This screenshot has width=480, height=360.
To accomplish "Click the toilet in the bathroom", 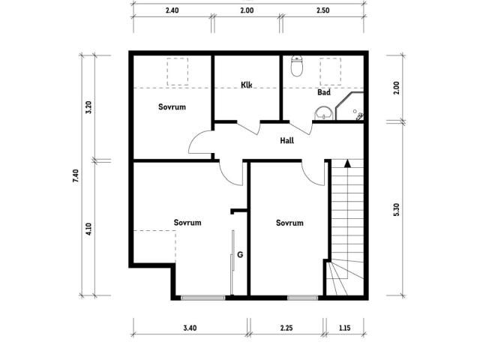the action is point(297,66).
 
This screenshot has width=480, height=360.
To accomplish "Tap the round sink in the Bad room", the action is point(323,113).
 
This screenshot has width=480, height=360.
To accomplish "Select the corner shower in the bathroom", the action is point(349,106).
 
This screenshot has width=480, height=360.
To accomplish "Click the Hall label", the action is point(286,140).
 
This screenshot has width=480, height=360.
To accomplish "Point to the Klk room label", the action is point(247,85).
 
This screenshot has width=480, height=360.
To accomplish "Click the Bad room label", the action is point(323,92).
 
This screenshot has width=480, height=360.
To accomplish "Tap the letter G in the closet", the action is point(240,255).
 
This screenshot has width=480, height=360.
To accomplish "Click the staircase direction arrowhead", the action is point(347,163).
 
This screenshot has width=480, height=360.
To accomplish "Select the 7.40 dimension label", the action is point(76,176).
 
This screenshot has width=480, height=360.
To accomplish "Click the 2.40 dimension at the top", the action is point(172,10).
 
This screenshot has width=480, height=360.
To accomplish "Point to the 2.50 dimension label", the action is point(323,10).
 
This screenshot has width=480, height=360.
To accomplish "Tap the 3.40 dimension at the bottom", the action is point(190,328).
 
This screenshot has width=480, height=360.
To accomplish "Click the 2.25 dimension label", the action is point(286,328).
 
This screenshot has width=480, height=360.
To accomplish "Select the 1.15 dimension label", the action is point(345,328).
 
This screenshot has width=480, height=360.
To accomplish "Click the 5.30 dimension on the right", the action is point(396,210).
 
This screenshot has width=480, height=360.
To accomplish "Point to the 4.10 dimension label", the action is point(88,229).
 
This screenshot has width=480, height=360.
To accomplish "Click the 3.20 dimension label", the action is point(88,107).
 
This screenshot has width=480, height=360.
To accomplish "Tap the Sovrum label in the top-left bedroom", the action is point(172,106).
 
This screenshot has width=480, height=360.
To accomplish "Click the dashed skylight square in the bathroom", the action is point(331,71).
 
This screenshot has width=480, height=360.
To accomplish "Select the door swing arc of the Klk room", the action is point(248,128).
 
